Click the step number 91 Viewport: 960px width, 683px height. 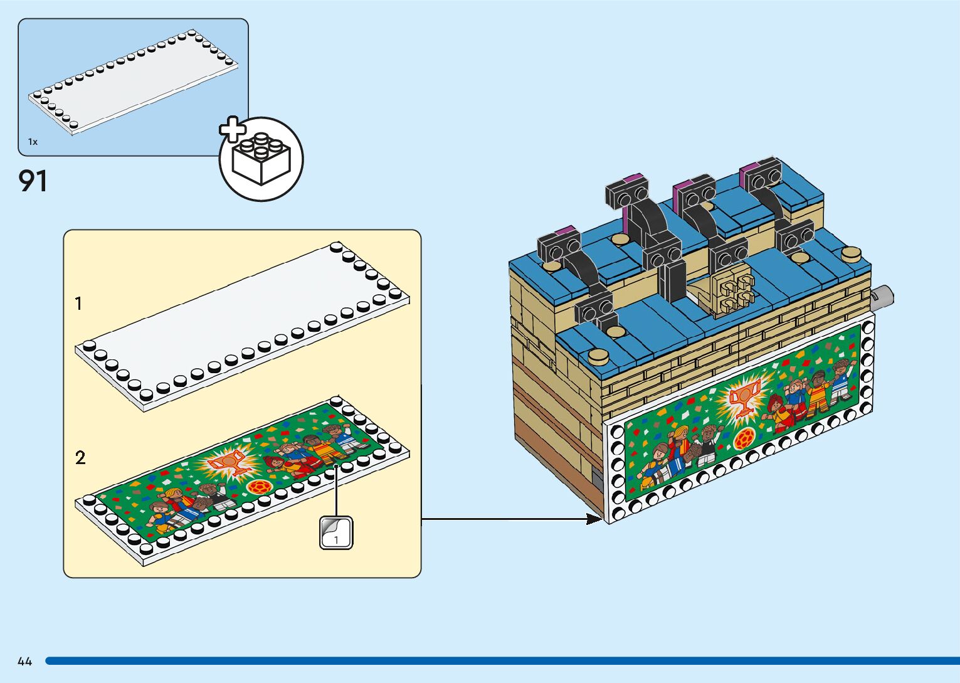(33, 181)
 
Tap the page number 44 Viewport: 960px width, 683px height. (24, 661)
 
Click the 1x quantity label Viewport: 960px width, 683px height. (33, 142)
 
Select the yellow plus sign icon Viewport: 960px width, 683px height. (233, 130)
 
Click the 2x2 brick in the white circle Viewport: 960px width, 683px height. (261, 160)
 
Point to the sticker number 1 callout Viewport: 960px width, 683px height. (336, 533)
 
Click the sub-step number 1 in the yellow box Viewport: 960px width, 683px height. (78, 304)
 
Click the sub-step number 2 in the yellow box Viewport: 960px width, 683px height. (80, 458)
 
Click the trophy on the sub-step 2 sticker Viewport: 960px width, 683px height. (226, 463)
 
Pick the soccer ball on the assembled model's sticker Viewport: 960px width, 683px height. (744, 438)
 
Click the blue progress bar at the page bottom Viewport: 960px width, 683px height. (502, 661)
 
